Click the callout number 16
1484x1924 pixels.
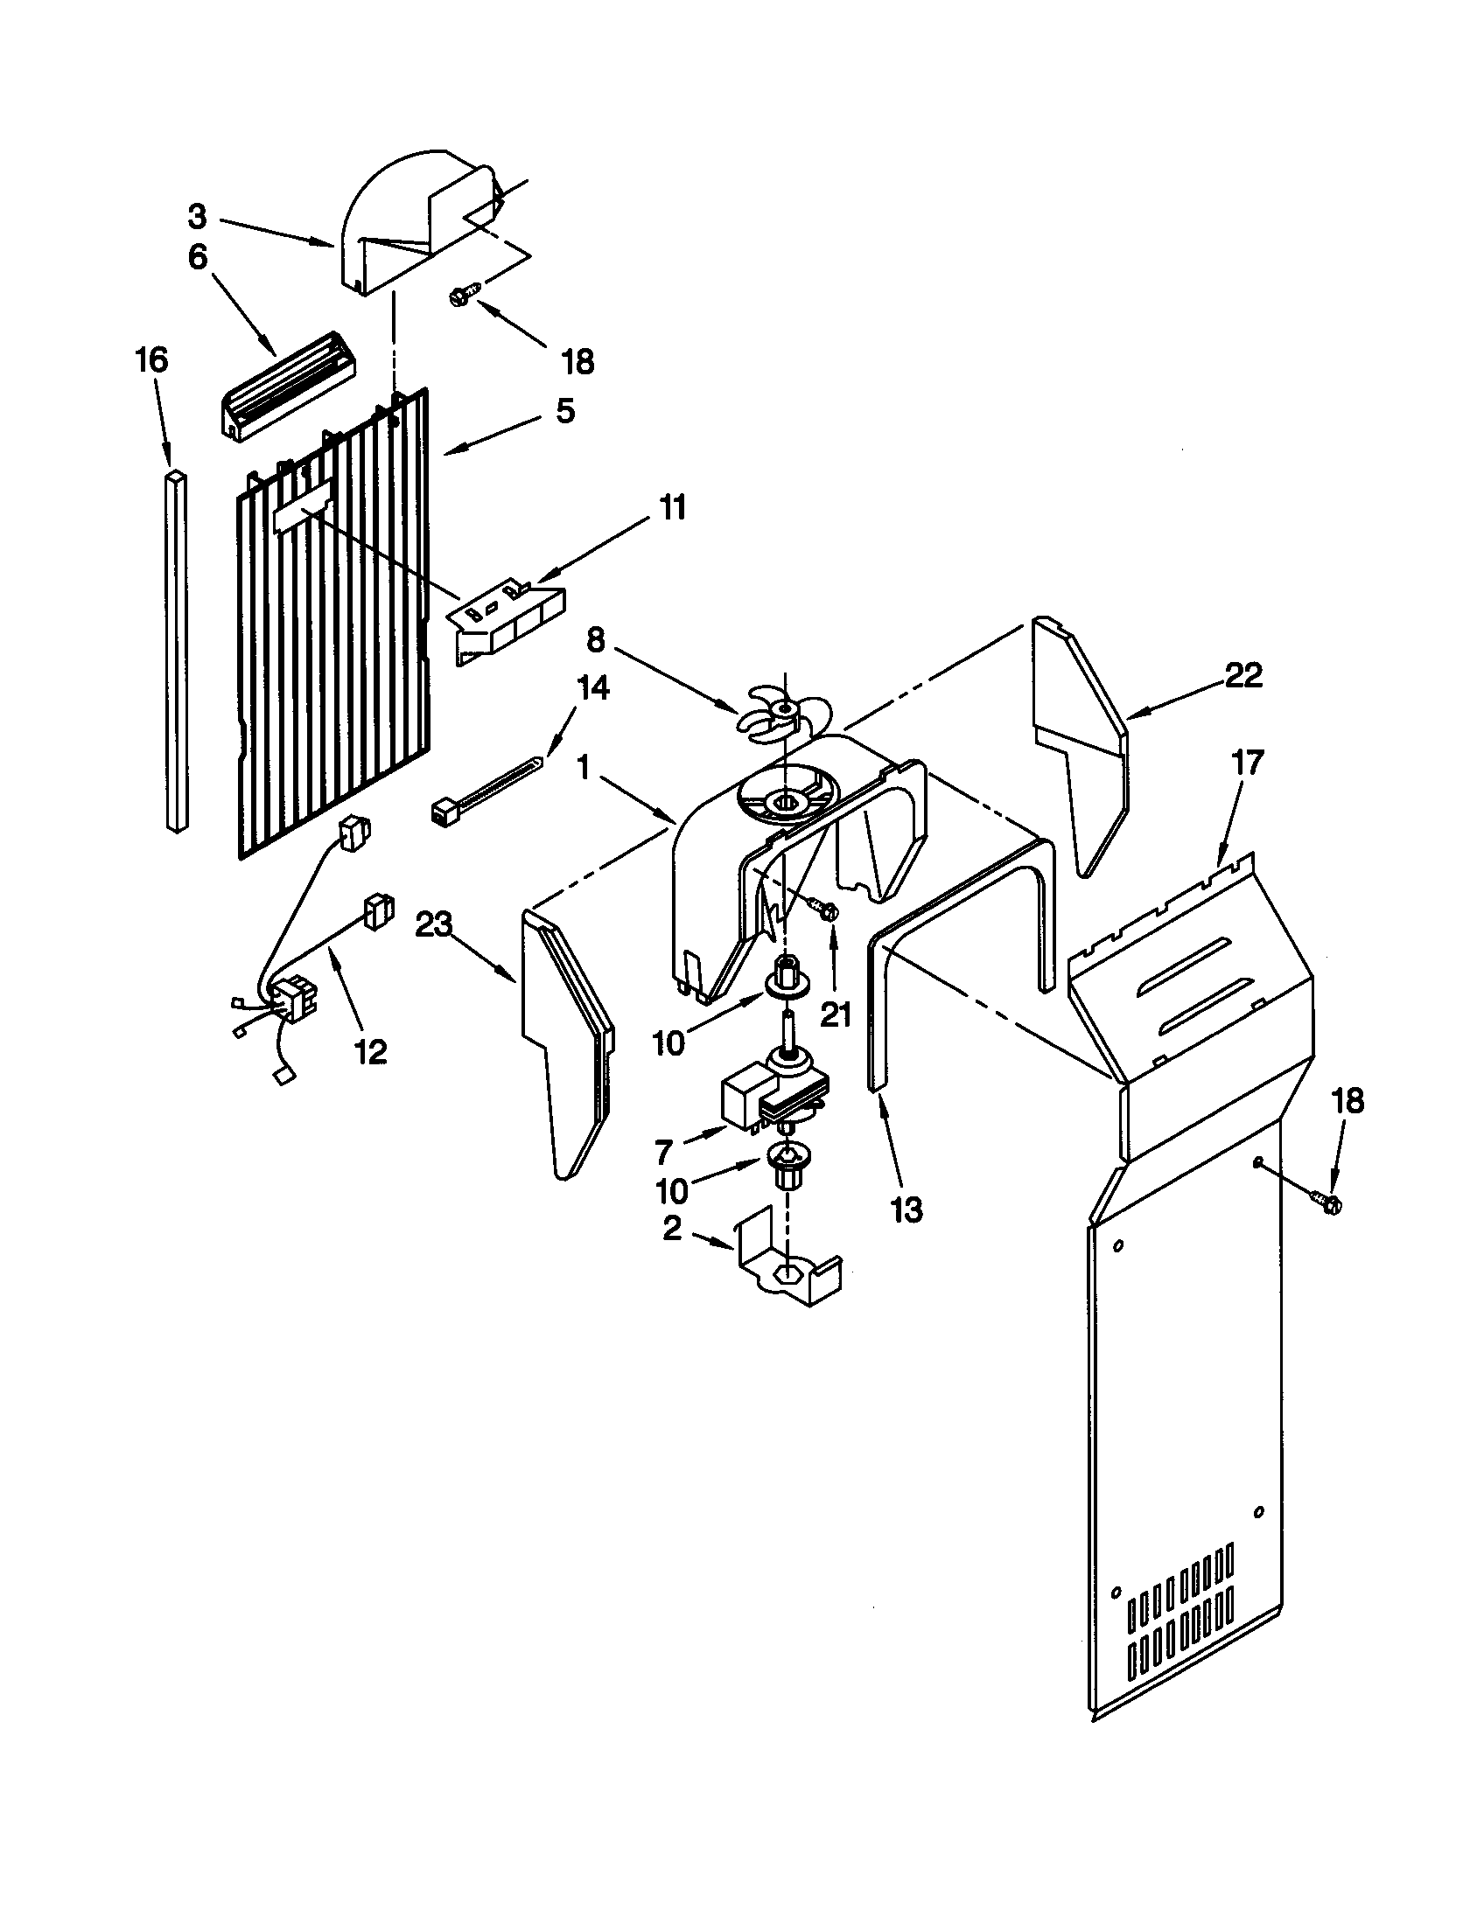[151, 359]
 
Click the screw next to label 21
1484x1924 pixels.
[828, 910]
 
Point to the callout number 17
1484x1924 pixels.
[1248, 762]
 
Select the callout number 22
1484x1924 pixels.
[1243, 676]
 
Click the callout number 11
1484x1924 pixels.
[673, 508]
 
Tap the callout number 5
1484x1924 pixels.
[565, 410]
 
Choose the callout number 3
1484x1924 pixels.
[198, 215]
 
